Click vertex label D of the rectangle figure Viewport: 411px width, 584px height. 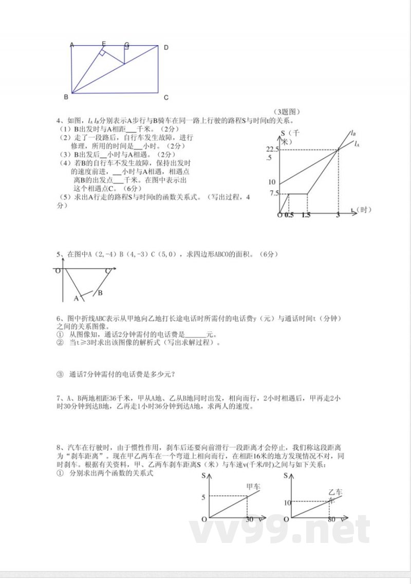coord(166,48)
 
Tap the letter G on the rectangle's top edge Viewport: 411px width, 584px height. coord(126,45)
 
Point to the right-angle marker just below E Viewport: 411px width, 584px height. coord(103,53)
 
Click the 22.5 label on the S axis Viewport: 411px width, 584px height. coord(272,149)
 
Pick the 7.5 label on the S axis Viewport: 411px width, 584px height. coord(273,193)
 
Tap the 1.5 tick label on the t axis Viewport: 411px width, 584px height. coord(306,215)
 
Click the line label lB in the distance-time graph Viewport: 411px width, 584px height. coord(353,133)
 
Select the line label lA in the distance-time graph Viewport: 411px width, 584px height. coord(356,144)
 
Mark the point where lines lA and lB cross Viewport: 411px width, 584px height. coord(338,149)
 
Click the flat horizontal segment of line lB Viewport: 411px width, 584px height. coord(297,194)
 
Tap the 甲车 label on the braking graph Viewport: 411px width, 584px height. coord(253,485)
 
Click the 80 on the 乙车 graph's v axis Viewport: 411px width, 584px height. coord(331,520)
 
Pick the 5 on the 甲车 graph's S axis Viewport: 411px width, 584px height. coord(203,497)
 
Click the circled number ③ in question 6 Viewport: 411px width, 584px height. coord(59,374)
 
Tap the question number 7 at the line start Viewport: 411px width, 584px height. coord(59,398)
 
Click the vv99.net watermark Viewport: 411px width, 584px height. coord(280,529)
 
